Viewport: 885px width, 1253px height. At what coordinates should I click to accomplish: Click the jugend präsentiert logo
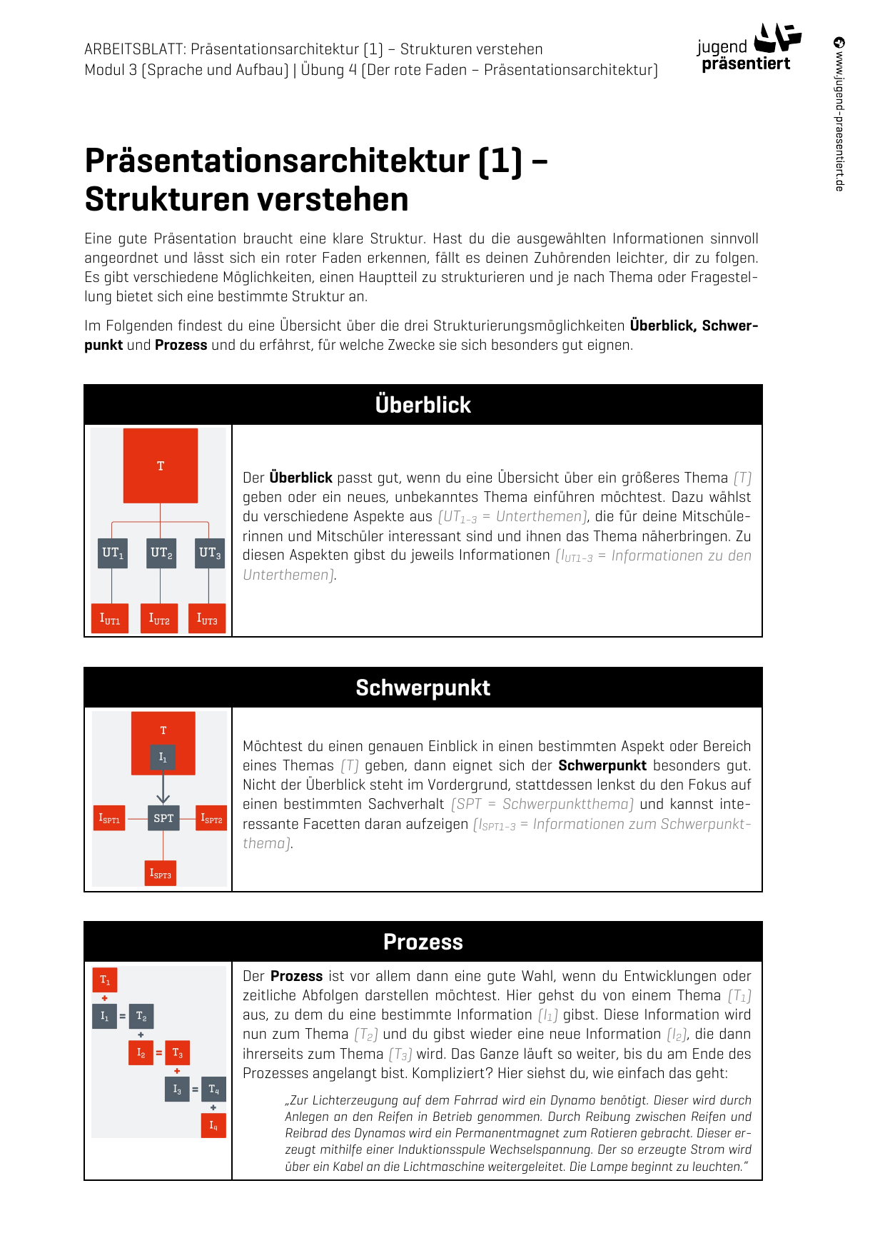point(748,49)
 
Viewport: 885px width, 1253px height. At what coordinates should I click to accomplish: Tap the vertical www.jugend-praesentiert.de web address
point(839,114)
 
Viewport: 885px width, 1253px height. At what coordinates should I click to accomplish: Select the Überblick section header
point(423,405)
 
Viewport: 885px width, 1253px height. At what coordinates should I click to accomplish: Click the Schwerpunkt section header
point(423,688)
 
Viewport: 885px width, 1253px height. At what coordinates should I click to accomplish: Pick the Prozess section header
point(423,942)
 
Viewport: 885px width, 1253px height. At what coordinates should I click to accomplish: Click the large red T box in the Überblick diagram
point(161,466)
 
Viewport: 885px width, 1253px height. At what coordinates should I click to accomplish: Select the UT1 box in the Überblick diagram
point(113,553)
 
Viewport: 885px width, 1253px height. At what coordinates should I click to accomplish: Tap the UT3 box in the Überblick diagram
point(209,553)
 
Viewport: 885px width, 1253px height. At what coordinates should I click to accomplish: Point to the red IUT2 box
point(159,619)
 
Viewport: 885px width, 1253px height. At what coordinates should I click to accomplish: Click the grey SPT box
point(163,818)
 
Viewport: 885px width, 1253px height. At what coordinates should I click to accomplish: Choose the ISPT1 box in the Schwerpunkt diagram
point(109,818)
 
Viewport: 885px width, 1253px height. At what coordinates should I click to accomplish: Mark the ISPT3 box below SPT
point(160,873)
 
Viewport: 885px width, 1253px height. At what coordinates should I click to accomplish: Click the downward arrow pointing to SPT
point(163,789)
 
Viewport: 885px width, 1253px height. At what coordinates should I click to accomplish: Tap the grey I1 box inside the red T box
point(163,758)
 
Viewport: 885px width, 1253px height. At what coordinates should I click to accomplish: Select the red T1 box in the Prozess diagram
point(105,980)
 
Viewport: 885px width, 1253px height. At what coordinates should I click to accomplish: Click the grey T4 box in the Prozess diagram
point(213,1090)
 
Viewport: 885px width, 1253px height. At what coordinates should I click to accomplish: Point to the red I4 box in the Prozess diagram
point(213,1125)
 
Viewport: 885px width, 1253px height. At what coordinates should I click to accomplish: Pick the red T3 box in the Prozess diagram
point(177,1053)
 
